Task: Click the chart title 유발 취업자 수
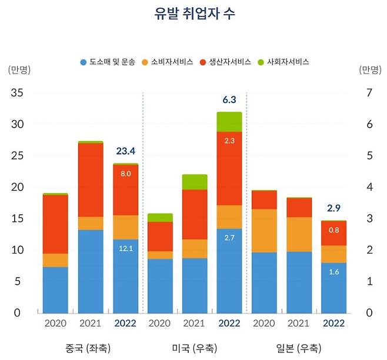[x=193, y=15]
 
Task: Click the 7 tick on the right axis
[x=369, y=93]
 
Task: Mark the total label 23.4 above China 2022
[x=125, y=151]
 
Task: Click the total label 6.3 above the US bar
[x=229, y=99]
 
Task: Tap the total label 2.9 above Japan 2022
[x=333, y=208]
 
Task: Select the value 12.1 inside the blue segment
[x=125, y=249]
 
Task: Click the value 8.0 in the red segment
[x=125, y=174]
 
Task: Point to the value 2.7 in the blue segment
[x=229, y=238]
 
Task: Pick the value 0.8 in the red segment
[x=333, y=230]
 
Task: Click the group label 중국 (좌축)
[x=90, y=347]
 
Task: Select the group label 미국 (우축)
[x=194, y=347]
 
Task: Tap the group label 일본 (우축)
[x=298, y=347]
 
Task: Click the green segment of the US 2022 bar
[x=229, y=122]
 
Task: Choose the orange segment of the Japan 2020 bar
[x=264, y=231]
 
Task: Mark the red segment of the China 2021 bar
[x=91, y=180]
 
